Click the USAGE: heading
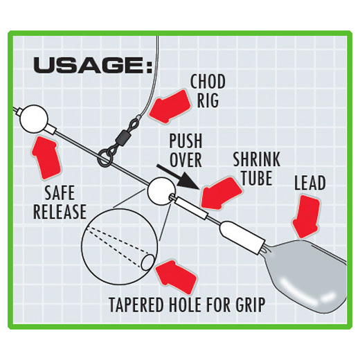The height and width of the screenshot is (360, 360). (x=93, y=66)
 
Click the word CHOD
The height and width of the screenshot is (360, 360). (x=208, y=82)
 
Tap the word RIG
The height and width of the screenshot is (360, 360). (x=208, y=100)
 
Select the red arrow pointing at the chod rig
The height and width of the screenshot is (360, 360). (x=170, y=107)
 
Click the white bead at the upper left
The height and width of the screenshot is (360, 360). (x=34, y=119)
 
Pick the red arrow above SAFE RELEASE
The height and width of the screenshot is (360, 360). (x=46, y=158)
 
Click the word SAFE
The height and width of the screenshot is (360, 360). (x=60, y=193)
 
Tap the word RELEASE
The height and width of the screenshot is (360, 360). (x=60, y=211)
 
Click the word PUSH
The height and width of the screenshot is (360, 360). (x=186, y=141)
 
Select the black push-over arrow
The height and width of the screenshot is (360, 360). (x=177, y=177)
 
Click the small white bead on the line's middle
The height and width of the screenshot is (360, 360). (x=161, y=191)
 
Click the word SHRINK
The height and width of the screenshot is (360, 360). (x=257, y=159)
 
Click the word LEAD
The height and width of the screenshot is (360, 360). (x=310, y=183)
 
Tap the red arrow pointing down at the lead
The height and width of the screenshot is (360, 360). (x=306, y=216)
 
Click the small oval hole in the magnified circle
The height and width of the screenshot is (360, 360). (x=148, y=262)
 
